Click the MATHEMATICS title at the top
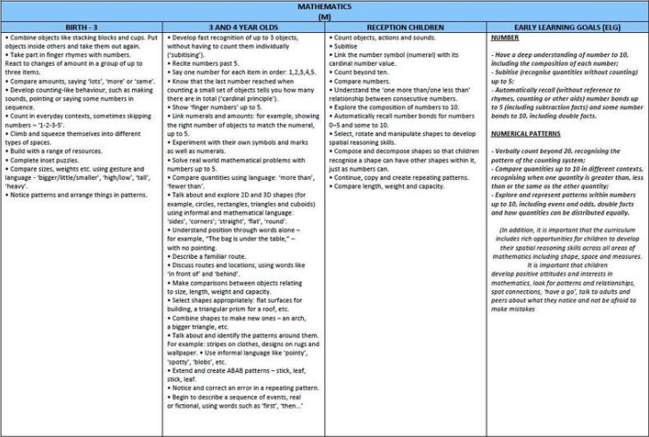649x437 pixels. [x=324, y=5]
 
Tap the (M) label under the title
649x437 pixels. [x=324, y=16]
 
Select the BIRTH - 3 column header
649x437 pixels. [x=81, y=28]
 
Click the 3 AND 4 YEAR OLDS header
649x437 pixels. [x=243, y=28]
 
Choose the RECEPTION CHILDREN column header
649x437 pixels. [x=406, y=28]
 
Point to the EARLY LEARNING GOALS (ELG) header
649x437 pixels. [x=567, y=28]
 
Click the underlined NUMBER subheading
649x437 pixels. [x=505, y=39]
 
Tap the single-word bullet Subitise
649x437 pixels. [x=348, y=47]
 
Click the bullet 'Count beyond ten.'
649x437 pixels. [x=363, y=71]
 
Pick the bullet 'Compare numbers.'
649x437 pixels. [x=361, y=80]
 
